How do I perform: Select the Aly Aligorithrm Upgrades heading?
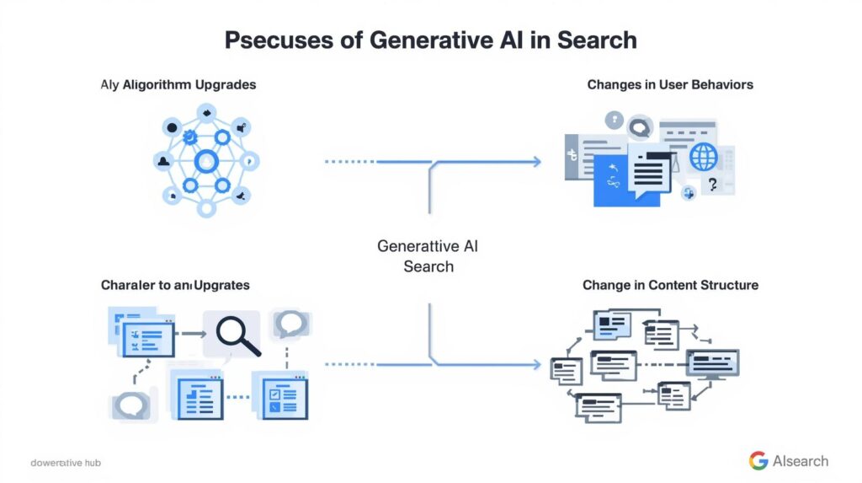point(178,85)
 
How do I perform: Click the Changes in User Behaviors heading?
point(670,84)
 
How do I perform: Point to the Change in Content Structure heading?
point(670,285)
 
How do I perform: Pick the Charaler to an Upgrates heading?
point(175,285)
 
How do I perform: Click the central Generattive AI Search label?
point(428,256)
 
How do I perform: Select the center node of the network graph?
point(205,160)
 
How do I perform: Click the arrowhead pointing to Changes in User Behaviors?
point(535,161)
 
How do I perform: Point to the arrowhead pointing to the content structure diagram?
point(535,364)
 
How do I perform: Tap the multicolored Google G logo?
point(758,460)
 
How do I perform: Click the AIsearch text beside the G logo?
point(801,461)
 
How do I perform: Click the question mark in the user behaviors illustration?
point(714,185)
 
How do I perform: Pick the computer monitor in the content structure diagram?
point(712,362)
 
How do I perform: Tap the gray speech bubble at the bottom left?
point(130,405)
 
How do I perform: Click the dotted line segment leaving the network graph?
point(350,161)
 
